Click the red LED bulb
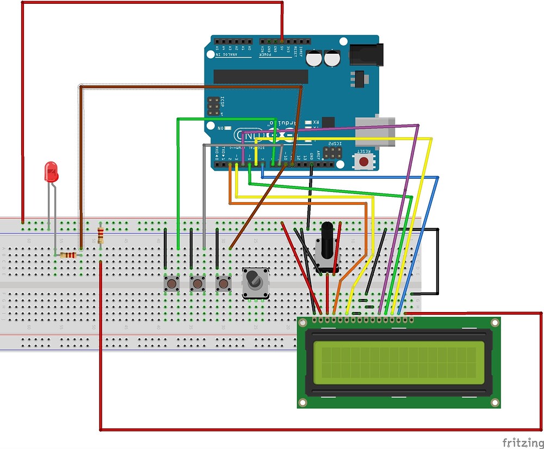click(x=51, y=172)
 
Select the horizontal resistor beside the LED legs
click(x=68, y=255)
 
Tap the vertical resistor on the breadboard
click(x=101, y=235)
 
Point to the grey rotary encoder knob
click(x=254, y=282)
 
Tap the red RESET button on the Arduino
click(x=364, y=161)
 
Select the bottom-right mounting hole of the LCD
click(x=494, y=402)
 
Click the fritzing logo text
click(x=521, y=442)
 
